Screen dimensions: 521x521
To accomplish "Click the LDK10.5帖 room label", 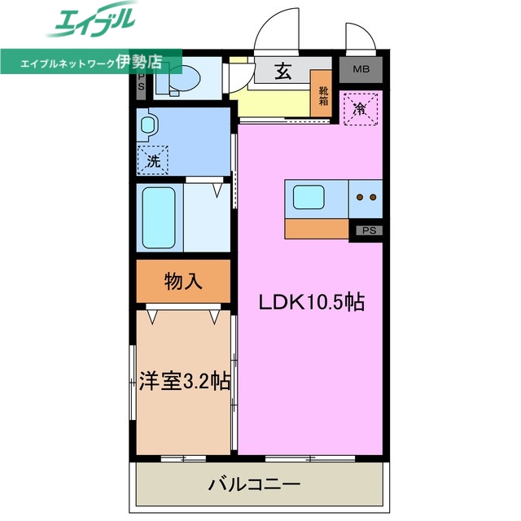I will pyautogui.click(x=311, y=303).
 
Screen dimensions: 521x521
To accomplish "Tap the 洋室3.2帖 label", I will pyautogui.click(x=183, y=381).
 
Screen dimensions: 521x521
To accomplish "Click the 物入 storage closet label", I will pyautogui.click(x=183, y=282).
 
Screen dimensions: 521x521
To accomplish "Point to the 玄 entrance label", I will pyautogui.click(x=282, y=71).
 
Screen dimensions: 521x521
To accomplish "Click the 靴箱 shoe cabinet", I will pyautogui.click(x=323, y=96).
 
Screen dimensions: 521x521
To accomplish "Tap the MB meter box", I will pyautogui.click(x=361, y=70).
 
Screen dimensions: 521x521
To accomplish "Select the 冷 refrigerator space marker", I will pyautogui.click(x=359, y=108).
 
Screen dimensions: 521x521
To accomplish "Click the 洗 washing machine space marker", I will pyautogui.click(x=153, y=160).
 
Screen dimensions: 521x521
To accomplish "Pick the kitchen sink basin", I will pyautogui.click(x=310, y=198).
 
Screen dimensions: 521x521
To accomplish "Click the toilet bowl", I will pyautogui.click(x=183, y=79).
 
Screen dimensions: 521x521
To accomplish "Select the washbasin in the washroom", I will pyautogui.click(x=147, y=126).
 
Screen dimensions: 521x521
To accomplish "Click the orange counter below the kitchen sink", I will pyautogui.click(x=317, y=228).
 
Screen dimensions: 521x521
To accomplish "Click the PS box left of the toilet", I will pyautogui.click(x=141, y=80).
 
